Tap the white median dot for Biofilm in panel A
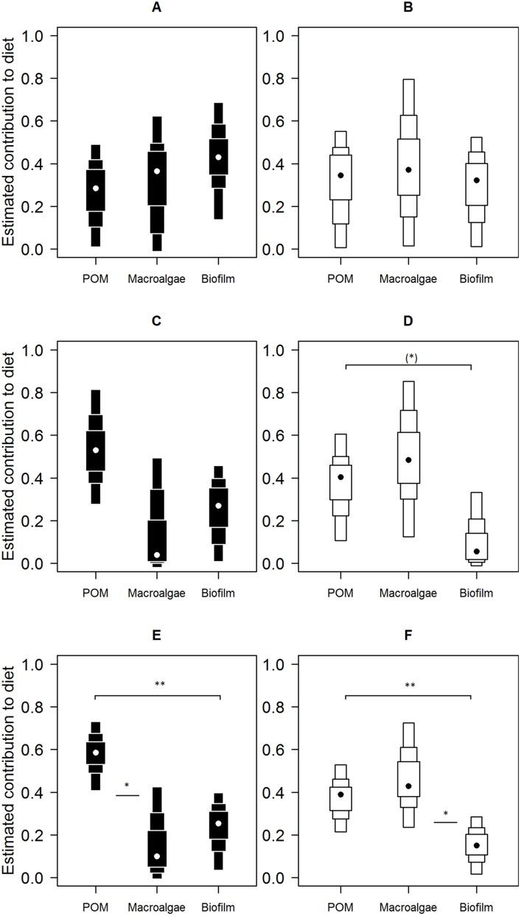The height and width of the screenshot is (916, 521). point(218,157)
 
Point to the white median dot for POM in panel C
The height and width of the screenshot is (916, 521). point(95,450)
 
